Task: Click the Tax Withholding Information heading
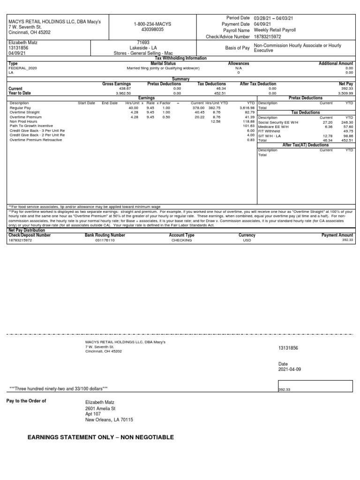click(x=180, y=58)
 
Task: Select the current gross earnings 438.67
click(x=124, y=88)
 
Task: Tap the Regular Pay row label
click(x=19, y=108)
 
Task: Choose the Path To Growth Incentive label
click(x=31, y=126)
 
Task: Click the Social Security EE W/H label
click(x=277, y=122)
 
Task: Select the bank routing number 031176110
click(x=105, y=240)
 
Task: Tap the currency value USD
click(x=247, y=240)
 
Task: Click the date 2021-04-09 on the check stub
click(x=289, y=369)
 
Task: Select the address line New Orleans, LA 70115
click(x=109, y=420)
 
